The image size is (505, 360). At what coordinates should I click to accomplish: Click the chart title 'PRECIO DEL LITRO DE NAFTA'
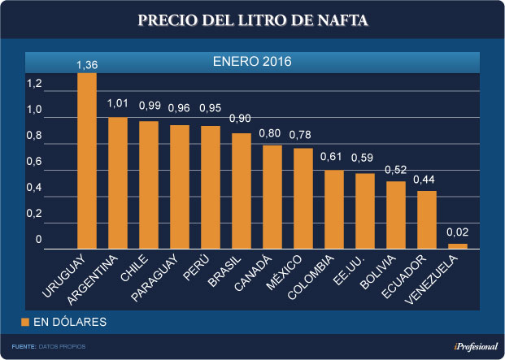click(x=252, y=20)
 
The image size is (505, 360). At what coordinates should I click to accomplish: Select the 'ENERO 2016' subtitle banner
click(x=252, y=61)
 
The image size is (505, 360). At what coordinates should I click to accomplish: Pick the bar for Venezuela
click(x=458, y=245)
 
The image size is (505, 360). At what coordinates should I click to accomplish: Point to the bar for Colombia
click(x=334, y=209)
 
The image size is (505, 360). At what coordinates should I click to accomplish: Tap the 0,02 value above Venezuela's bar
click(x=458, y=233)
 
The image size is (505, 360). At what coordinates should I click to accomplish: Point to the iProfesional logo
click(x=476, y=347)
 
